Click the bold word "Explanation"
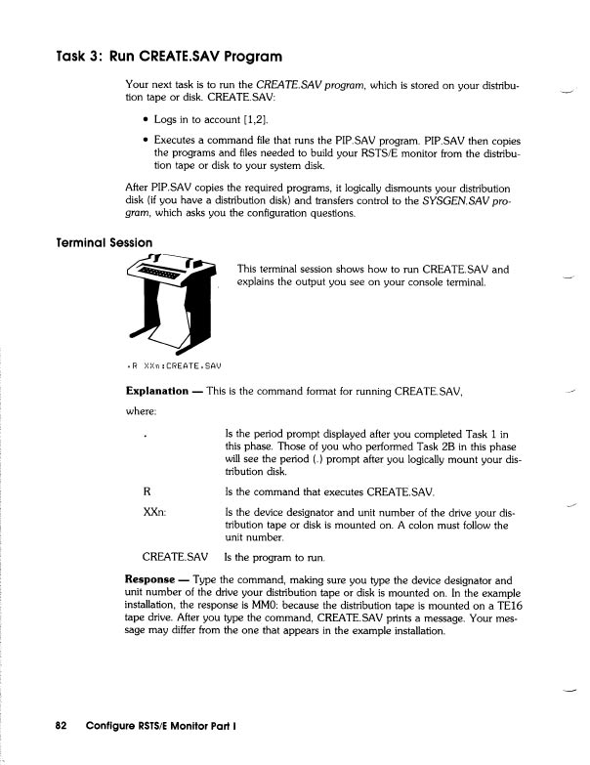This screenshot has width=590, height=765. tap(157, 392)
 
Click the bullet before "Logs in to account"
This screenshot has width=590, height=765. tap(145, 120)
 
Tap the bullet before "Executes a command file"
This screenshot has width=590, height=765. tap(145, 141)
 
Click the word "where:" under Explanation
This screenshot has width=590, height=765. tap(144, 411)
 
